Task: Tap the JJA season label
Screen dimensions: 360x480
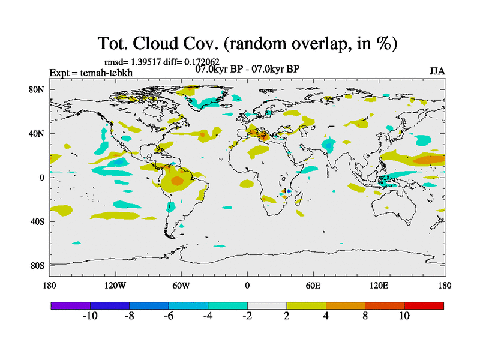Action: click(437, 71)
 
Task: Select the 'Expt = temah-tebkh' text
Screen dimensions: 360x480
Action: click(91, 73)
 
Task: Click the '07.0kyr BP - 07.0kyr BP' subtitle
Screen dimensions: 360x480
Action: click(247, 68)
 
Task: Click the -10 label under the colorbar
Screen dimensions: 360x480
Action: click(90, 316)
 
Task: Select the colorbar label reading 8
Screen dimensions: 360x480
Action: click(365, 316)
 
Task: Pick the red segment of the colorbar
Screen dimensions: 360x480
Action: click(424, 305)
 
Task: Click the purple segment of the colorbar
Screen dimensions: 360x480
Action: click(70, 305)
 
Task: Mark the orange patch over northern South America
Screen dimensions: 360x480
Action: click(177, 180)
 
